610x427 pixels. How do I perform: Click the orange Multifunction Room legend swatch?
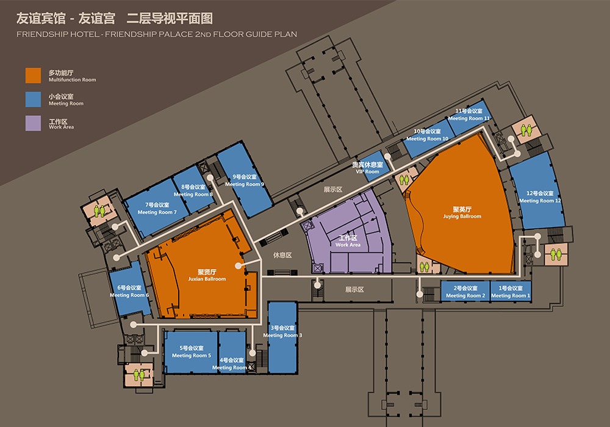click(33, 76)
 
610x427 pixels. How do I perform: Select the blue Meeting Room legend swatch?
click(33, 99)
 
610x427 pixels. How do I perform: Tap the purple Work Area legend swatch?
click(33, 123)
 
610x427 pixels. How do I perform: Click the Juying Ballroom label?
click(462, 213)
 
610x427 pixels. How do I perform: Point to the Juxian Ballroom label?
click(207, 275)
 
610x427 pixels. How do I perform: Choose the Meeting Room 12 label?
click(540, 197)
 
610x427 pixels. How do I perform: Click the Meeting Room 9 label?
click(245, 181)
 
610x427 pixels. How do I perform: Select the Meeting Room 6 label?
click(129, 292)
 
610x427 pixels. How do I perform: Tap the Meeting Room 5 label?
click(192, 351)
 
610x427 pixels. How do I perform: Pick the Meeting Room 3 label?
click(282, 331)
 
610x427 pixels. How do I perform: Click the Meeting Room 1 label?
click(511, 292)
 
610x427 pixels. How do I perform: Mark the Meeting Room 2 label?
click(465, 292)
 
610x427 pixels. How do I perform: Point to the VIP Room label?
click(368, 168)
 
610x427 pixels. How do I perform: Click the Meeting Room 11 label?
click(468, 114)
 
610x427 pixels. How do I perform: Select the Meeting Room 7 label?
click(157, 209)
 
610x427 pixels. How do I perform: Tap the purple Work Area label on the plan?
click(348, 241)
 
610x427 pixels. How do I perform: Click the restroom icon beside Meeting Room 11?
click(526, 130)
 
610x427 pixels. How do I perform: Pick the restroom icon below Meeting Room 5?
click(139, 375)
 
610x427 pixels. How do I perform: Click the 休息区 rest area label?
click(282, 255)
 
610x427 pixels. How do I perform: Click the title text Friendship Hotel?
click(58, 34)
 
